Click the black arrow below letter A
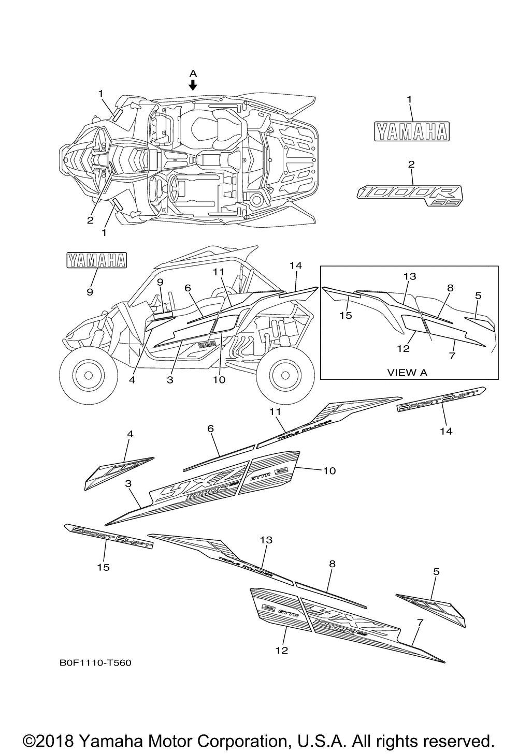[193, 85]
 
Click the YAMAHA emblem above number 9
[97, 260]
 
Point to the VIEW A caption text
[408, 372]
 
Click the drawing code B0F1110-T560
[91, 662]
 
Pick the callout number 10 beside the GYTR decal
[329, 470]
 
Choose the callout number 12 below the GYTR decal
[282, 650]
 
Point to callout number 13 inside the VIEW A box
[409, 276]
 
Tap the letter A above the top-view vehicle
[193, 73]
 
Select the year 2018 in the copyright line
[56, 740]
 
